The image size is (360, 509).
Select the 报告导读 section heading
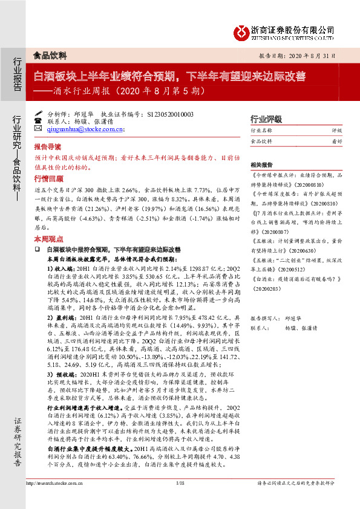coord(47,147)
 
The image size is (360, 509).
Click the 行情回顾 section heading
coord(47,178)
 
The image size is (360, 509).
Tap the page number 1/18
coord(179,501)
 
